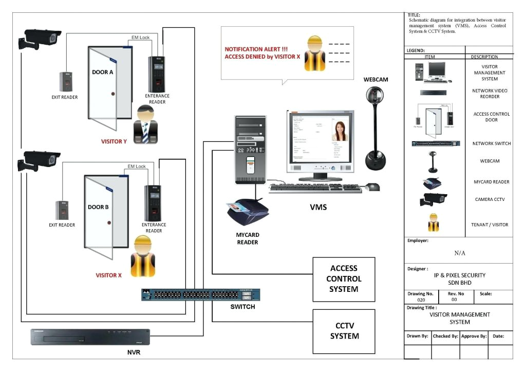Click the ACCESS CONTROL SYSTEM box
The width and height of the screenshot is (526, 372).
tap(344, 278)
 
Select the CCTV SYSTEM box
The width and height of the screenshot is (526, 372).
tap(344, 331)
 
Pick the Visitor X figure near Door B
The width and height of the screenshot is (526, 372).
tap(143, 257)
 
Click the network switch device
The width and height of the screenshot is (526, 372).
tap(200, 294)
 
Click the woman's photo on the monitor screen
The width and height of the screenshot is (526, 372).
tap(341, 131)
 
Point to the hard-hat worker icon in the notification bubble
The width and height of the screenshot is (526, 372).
tap(314, 53)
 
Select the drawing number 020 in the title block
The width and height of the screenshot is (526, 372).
tap(421, 300)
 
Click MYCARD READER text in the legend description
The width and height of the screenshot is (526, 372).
tap(491, 182)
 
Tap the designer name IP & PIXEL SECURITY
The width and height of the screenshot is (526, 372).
tap(459, 275)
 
